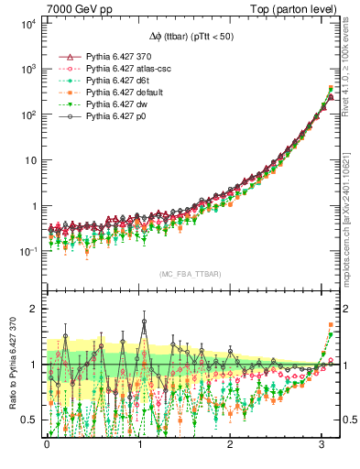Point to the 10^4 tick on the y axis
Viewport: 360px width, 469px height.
pos(27,24)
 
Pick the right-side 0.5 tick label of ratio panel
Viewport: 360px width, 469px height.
pos(348,420)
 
